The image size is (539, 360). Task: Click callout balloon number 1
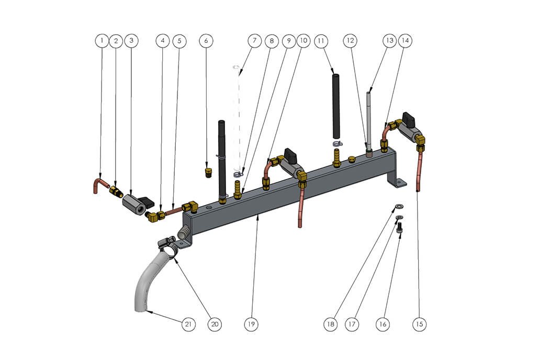click(102, 41)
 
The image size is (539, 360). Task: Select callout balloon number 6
click(206, 41)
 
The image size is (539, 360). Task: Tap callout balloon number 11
click(321, 41)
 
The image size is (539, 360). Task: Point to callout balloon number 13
click(389, 41)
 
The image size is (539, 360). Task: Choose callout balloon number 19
click(251, 324)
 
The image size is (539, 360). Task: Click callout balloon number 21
click(188, 324)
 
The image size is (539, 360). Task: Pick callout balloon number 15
click(419, 324)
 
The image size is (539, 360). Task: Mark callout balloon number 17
click(352, 324)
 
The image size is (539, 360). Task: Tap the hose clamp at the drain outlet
click(168, 245)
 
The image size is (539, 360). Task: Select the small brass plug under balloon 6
click(207, 172)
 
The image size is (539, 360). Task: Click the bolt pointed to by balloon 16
click(399, 228)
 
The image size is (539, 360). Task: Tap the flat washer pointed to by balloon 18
click(399, 206)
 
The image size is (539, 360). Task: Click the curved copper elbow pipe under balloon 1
click(100, 185)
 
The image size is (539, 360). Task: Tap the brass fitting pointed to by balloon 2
click(116, 191)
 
